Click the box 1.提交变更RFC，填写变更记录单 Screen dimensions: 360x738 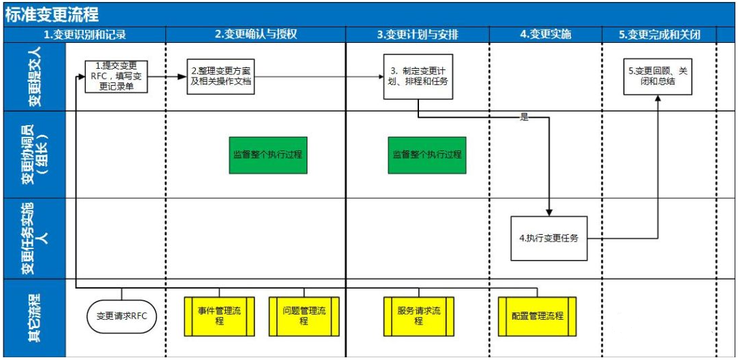coord(116,76)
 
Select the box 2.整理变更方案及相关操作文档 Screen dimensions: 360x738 coord(222,76)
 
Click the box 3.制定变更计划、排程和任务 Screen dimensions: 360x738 coord(418,76)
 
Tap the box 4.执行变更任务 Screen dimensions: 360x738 coord(550,239)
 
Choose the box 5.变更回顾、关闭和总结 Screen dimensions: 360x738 coord(658,76)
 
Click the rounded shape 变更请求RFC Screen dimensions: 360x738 coord(122,316)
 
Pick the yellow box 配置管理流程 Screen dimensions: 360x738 coord(537,316)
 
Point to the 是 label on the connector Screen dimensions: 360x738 coord(524,117)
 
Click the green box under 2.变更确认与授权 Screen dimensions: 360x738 coord(267,154)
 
